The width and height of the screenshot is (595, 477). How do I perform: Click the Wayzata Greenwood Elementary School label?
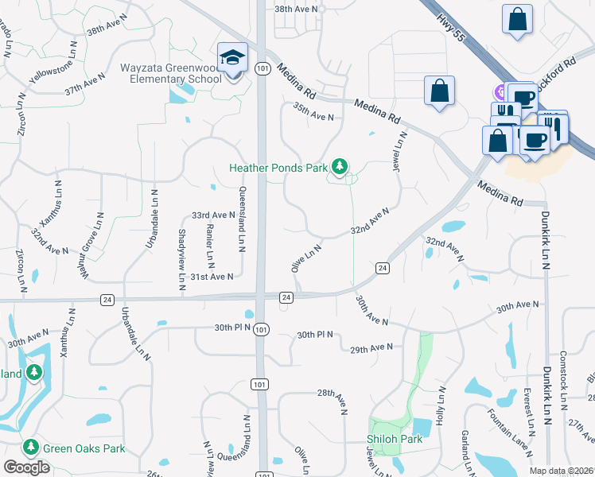tap(171, 73)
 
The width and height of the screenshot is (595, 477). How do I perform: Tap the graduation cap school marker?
tap(233, 58)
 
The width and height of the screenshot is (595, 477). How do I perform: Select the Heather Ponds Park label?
tap(278, 168)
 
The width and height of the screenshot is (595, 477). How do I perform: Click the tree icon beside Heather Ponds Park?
tap(340, 166)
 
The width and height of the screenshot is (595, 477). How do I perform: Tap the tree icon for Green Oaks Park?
tap(31, 448)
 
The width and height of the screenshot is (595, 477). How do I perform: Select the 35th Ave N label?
tap(313, 111)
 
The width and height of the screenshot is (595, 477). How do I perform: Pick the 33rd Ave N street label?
tap(213, 215)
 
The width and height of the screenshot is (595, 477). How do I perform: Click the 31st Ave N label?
tap(212, 276)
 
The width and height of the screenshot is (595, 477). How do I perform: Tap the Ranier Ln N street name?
tap(211, 246)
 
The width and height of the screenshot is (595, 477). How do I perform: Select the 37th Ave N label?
tap(86, 86)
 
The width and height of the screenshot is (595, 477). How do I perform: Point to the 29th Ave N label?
tap(371, 347)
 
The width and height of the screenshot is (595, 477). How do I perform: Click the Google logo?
tap(27, 467)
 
